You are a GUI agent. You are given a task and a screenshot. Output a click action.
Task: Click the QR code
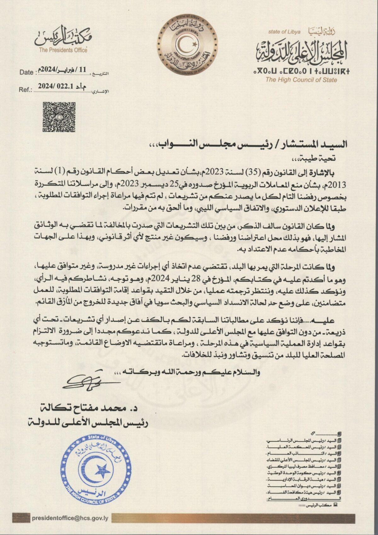tap(59, 116)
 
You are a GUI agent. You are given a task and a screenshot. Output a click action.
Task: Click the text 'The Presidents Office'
tap(63, 50)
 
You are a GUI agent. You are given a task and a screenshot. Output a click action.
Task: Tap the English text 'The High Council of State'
tap(301, 80)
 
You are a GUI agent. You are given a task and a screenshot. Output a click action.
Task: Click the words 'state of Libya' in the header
tap(284, 32)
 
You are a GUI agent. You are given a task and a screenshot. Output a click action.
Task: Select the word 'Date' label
tap(26, 72)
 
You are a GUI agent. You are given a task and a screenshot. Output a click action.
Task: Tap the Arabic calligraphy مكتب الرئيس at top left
tap(63, 37)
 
